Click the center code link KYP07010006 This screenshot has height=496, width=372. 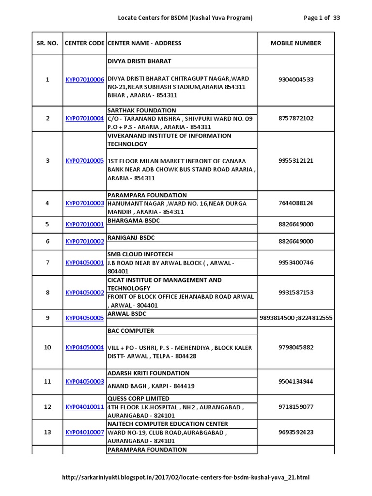84,79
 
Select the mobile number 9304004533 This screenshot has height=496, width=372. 295,79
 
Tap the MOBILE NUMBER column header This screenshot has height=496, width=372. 295,43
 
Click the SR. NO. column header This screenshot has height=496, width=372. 47,43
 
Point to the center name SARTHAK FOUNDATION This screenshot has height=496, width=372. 141,110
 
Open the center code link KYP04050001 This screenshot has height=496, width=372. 84,263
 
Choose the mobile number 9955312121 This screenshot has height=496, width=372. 295,161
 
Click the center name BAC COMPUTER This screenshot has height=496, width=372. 130,331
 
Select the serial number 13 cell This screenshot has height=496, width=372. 47,432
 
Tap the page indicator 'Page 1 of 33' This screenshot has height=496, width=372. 322,18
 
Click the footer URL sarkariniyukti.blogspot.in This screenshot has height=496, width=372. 186,478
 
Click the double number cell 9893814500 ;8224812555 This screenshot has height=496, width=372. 295,318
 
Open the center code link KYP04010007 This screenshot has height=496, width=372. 84,432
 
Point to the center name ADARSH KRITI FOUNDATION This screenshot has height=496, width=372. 148,373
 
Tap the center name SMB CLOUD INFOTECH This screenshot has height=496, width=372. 139,254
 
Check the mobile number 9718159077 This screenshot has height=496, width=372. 295,407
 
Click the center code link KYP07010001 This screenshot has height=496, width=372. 84,224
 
